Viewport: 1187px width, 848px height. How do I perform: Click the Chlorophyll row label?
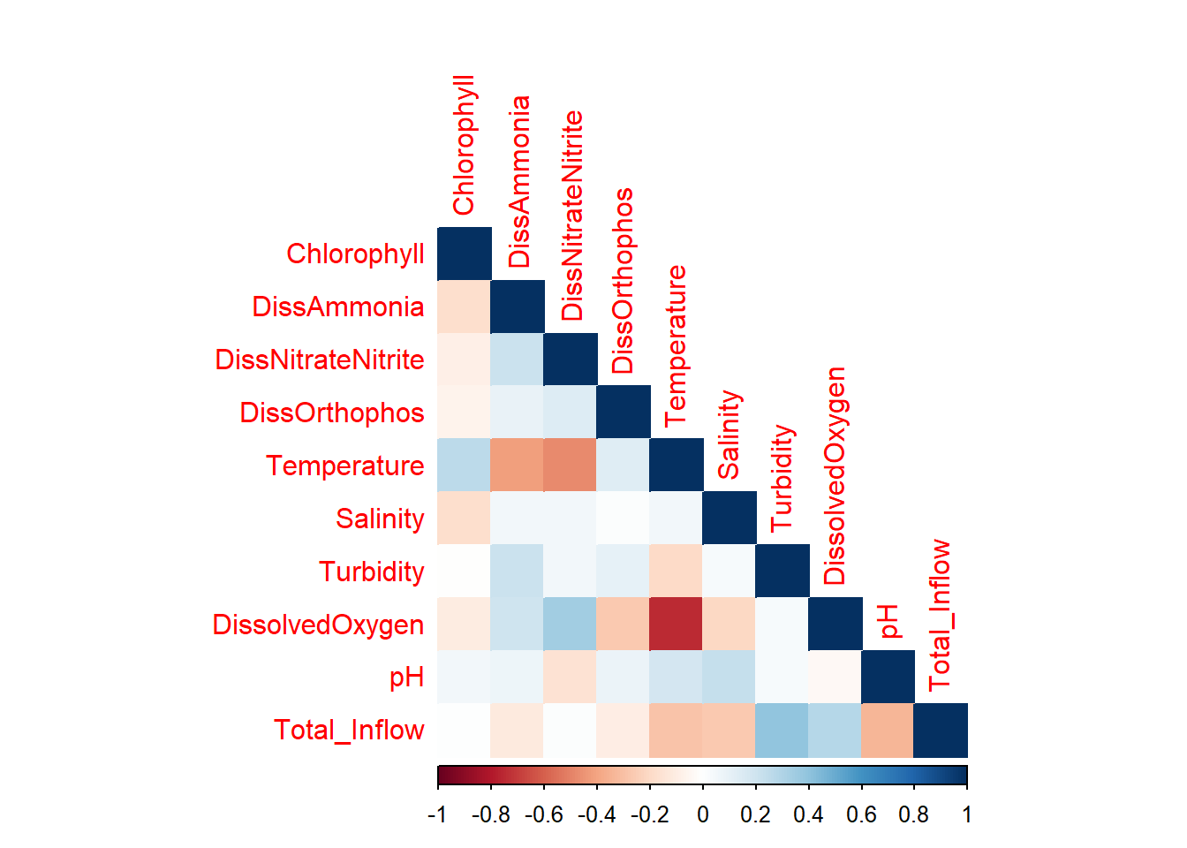[355, 254]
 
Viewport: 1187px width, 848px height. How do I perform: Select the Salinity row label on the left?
[380, 519]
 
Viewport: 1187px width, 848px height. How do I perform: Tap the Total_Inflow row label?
[349, 731]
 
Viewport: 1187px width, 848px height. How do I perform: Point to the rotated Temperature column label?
[676, 344]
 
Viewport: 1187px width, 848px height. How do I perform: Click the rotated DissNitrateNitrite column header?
[572, 216]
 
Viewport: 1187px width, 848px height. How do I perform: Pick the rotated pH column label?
[888, 621]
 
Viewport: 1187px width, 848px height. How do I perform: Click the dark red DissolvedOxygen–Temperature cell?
[676, 624]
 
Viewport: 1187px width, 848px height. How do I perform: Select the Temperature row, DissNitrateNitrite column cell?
[571, 465]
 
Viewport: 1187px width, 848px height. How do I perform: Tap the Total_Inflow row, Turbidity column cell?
[782, 730]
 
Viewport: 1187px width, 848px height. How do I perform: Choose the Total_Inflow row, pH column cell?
[888, 730]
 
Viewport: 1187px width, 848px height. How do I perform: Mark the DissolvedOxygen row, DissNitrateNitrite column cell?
[571, 624]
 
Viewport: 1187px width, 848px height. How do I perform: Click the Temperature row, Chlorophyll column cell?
[465, 465]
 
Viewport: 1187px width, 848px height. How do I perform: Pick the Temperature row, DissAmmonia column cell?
[518, 465]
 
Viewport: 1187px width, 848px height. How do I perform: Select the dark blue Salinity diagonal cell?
[730, 518]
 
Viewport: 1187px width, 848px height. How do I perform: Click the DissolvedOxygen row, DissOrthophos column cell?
[624, 624]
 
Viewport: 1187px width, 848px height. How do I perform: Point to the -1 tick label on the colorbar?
[437, 814]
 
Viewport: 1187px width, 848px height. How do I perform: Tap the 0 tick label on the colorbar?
[703, 814]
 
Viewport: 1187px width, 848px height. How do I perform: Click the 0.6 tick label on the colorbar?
[861, 814]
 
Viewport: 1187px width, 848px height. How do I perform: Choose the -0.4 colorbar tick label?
[596, 814]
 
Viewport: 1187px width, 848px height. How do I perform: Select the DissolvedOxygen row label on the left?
[318, 625]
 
